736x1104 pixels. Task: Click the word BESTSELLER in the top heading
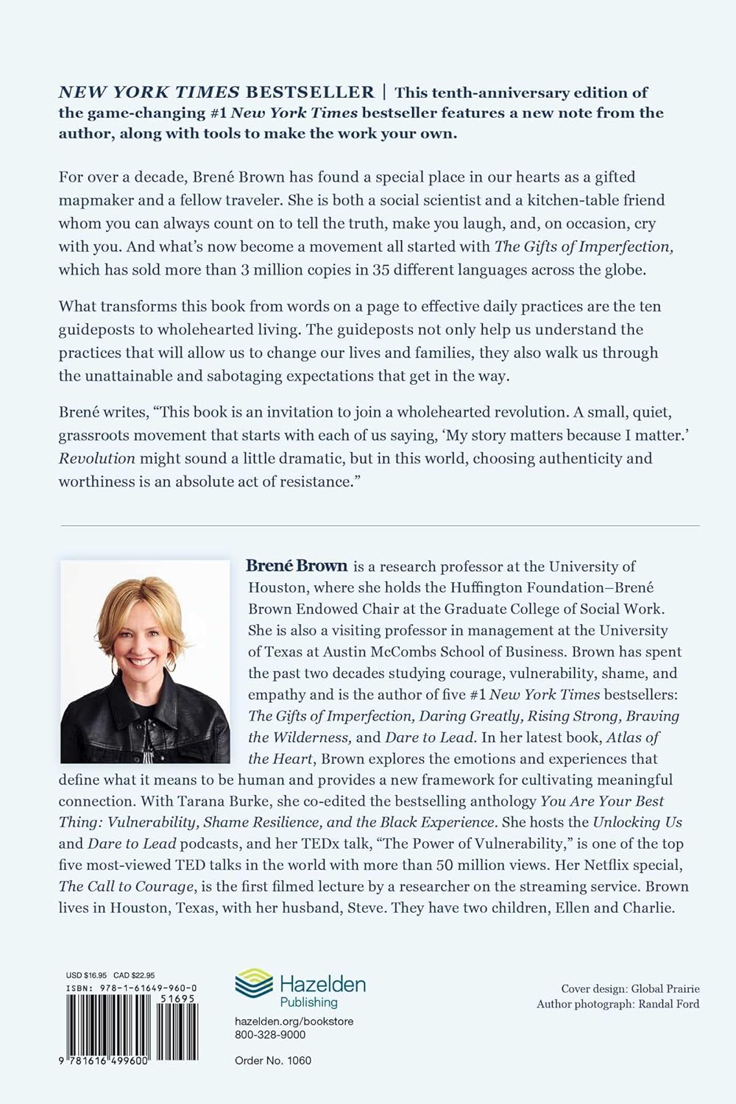tap(310, 92)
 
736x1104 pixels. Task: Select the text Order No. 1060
tap(272, 1061)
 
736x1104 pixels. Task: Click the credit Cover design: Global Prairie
tap(630, 988)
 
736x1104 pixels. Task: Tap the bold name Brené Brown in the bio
tap(297, 566)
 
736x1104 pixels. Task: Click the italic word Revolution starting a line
tap(97, 459)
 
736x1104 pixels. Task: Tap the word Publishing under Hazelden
tap(309, 1002)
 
